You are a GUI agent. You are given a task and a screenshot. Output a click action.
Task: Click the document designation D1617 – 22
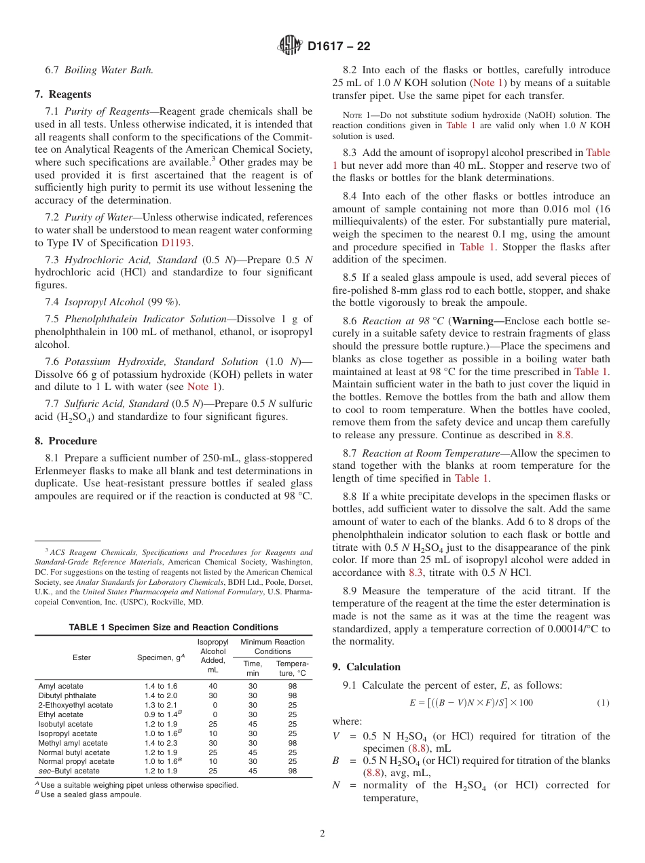click(339, 47)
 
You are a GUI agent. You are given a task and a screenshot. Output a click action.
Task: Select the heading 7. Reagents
click(63, 94)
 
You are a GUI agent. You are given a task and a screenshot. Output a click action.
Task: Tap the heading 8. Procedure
click(66, 440)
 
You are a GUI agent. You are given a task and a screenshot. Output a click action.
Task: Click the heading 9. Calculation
click(367, 666)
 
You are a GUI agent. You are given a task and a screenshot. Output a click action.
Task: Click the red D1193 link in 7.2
click(177, 243)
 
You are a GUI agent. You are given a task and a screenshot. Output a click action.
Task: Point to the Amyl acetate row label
click(61, 686)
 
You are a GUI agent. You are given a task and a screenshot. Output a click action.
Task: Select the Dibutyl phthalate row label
click(67, 695)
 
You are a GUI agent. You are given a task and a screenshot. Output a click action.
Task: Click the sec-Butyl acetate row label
click(69, 771)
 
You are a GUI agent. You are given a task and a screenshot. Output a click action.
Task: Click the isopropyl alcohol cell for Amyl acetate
click(213, 686)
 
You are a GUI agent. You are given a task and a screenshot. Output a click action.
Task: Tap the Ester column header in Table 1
click(81, 657)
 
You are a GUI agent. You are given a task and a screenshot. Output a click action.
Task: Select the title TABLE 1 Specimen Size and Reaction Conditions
click(173, 627)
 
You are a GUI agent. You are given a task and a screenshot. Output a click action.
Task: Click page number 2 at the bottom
click(322, 833)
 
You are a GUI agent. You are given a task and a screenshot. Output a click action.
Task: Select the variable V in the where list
click(336, 735)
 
